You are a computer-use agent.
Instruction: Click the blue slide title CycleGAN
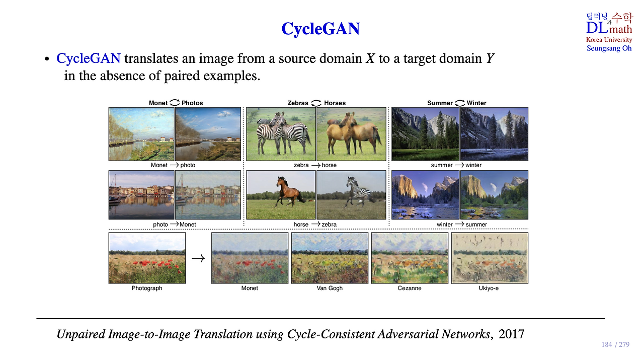pos(320,29)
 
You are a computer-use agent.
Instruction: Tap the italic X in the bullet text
pos(370,58)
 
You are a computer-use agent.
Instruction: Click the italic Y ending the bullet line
pos(490,58)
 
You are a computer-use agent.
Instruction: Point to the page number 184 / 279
pos(615,344)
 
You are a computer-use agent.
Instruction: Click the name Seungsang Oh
pos(609,48)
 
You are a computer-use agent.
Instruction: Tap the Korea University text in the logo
pos(609,40)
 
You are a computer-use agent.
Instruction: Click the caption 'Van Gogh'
pos(330,288)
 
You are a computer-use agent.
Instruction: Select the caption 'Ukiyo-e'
pos(489,288)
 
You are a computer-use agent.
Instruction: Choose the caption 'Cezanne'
pos(410,288)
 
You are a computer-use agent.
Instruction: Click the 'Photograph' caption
pos(147,288)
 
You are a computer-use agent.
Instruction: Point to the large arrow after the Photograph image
pos(198,258)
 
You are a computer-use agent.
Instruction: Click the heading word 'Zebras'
pos(297,103)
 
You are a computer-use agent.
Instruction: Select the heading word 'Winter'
pos(476,103)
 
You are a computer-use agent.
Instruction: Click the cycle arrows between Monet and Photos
pos(175,103)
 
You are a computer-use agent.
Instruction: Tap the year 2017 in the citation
pos(511,334)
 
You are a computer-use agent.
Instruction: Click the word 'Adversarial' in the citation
pos(408,334)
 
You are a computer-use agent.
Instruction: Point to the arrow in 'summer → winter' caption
pos(459,165)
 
